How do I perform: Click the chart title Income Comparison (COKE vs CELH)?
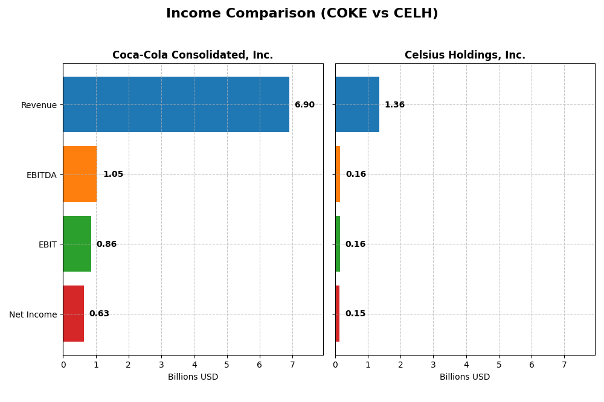coord(302,13)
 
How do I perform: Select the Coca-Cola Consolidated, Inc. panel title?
coord(193,56)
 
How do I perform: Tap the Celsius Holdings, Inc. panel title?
coord(464,56)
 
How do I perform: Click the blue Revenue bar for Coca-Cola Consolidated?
coord(176,104)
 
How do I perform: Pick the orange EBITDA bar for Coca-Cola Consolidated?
coord(80,174)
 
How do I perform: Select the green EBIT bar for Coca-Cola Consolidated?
coord(77,244)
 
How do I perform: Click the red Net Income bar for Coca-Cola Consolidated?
coord(73,314)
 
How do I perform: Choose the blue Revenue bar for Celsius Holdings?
coord(357,104)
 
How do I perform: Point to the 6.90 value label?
coord(304,105)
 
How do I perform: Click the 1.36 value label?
coord(394,105)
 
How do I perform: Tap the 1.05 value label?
coord(113,174)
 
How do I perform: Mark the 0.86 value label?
coord(106,244)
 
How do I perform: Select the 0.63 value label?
coord(99,314)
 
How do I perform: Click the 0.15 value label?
coord(355,314)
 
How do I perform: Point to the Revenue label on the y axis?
coord(39,106)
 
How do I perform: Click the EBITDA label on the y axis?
coord(41,175)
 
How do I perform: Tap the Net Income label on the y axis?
coord(33,314)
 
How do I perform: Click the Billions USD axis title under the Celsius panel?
coord(464,377)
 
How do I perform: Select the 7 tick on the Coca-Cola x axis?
coord(292,365)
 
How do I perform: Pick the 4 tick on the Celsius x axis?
coord(466,365)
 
